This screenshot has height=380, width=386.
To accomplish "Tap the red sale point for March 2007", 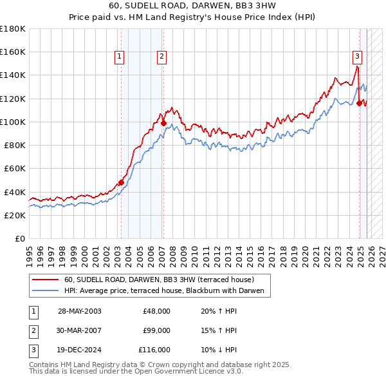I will [x=163, y=123].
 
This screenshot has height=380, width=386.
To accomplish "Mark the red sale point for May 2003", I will [x=121, y=182].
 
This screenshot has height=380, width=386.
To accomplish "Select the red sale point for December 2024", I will [x=359, y=102].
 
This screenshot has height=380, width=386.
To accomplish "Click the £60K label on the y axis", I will [x=15, y=168].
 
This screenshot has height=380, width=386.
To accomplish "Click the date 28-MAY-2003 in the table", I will [x=79, y=311].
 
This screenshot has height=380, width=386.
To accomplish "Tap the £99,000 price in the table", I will [x=156, y=330].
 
